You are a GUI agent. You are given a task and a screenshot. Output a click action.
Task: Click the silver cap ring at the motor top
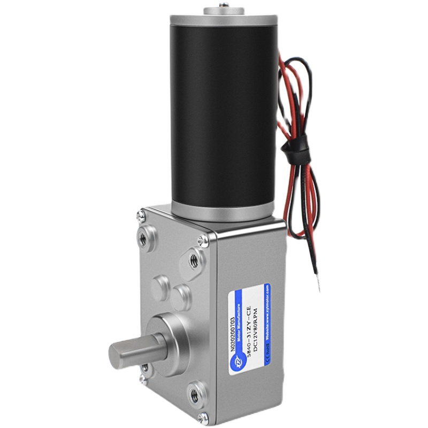pos(222,21)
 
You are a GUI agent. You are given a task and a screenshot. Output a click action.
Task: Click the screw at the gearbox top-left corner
pos(140,216)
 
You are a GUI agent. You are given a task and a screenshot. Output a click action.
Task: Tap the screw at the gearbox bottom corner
pos(202,417)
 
